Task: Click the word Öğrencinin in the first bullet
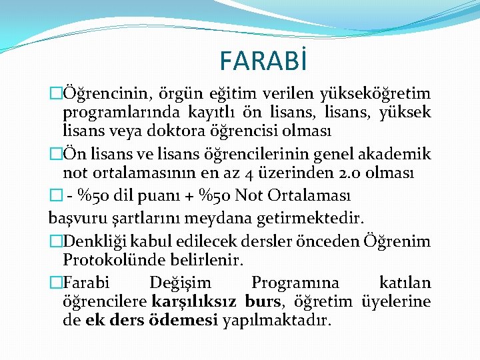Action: (x=98, y=93)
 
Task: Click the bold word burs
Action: (x=263, y=301)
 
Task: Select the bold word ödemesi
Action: (x=186, y=321)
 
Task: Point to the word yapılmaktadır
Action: (x=276, y=321)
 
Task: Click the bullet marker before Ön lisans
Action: (x=55, y=155)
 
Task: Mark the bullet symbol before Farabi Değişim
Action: (x=55, y=283)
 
